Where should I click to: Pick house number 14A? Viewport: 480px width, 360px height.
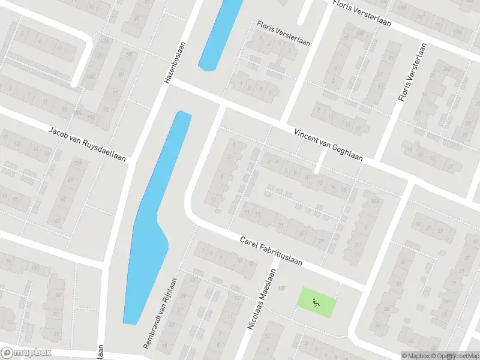point(376,202)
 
